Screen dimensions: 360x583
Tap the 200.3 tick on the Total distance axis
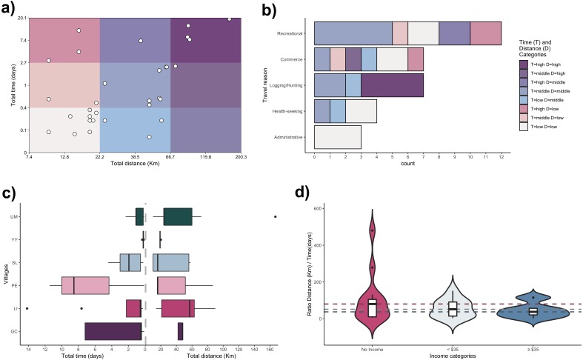coord(241,158)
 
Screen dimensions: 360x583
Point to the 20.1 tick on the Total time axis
coord(20,18)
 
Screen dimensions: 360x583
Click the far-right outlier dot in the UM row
coord(275,216)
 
